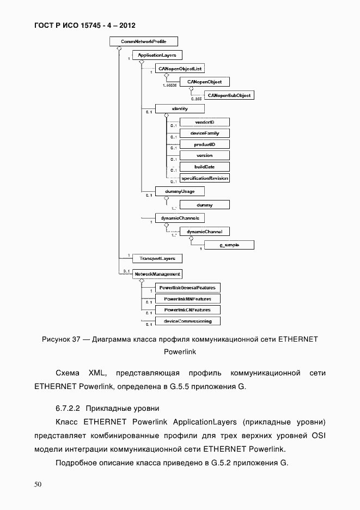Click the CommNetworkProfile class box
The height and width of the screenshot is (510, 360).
click(x=144, y=41)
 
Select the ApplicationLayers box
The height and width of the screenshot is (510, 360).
click(x=156, y=55)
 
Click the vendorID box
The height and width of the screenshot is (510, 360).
click(x=204, y=123)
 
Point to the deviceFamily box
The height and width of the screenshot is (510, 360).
click(x=204, y=133)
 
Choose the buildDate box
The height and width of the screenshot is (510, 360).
click(x=204, y=167)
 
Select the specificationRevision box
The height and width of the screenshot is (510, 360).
click(x=204, y=178)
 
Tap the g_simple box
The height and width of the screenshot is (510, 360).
click(x=229, y=245)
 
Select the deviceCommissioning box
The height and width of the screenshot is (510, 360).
click(x=187, y=321)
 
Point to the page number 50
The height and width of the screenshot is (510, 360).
click(x=38, y=484)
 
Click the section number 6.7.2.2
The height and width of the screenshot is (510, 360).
click(x=68, y=408)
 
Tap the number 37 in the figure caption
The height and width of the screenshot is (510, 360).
click(x=76, y=339)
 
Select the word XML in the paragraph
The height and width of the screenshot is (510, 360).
click(x=95, y=373)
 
